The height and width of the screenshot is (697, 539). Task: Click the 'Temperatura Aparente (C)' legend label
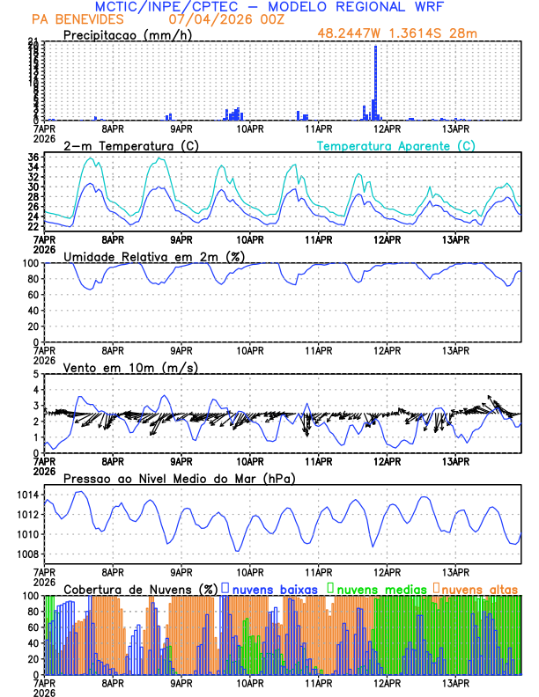pos(395,145)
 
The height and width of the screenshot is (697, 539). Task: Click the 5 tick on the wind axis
pos(36,374)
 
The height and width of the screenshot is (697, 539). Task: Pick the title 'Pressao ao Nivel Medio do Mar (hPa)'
pos(179,478)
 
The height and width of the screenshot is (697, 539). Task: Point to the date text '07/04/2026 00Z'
pos(214,18)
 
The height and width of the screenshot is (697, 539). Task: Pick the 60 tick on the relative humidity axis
pos(32,295)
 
